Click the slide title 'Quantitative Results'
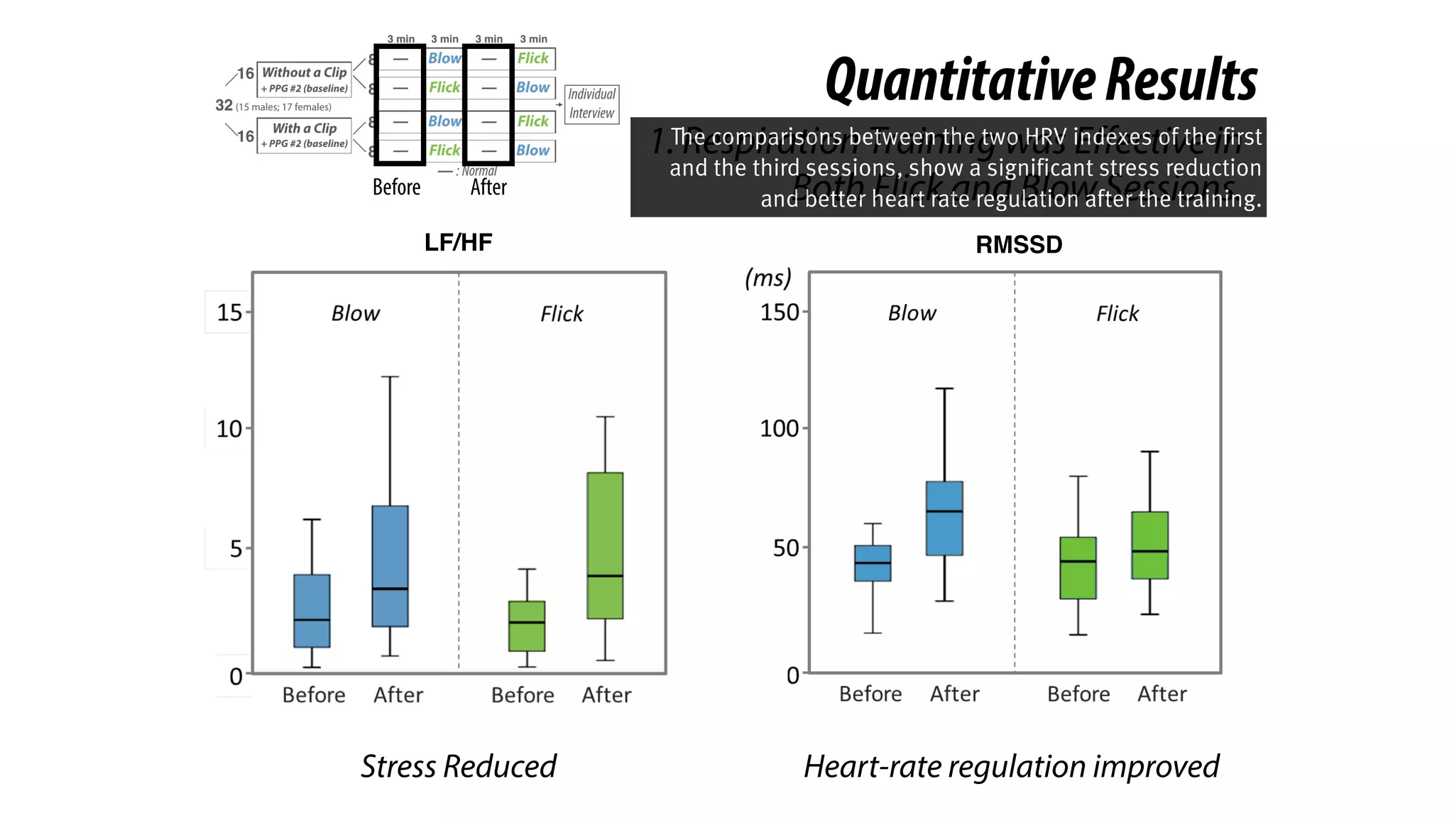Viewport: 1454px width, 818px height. coord(1041,80)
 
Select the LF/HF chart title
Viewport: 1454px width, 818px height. coord(458,243)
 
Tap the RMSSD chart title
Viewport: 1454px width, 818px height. coord(1018,245)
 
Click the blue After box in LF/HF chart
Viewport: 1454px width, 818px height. coord(390,566)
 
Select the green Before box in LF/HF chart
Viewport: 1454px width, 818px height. coord(527,626)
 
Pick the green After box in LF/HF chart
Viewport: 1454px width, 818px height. coord(605,545)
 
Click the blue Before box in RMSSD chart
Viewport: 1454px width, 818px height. coord(873,563)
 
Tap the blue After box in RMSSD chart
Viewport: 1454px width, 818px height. coord(944,518)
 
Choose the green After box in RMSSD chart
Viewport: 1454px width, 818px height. coord(1149,545)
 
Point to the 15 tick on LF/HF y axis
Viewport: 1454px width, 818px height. coord(229,312)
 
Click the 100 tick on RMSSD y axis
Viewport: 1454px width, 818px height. coord(780,428)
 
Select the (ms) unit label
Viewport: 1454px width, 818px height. coord(767,278)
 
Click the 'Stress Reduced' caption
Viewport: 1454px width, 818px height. coord(458,766)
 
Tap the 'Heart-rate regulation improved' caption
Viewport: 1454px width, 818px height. coord(1011,766)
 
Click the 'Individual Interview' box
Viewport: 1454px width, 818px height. coord(591,104)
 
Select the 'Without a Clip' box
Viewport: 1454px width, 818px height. coord(304,79)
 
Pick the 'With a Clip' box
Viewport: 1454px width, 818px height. coord(304,135)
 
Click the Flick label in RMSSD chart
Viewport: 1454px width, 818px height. coord(1117,313)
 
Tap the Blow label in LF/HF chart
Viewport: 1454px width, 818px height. coord(356,313)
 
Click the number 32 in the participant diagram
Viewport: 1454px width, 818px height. coord(224,105)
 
